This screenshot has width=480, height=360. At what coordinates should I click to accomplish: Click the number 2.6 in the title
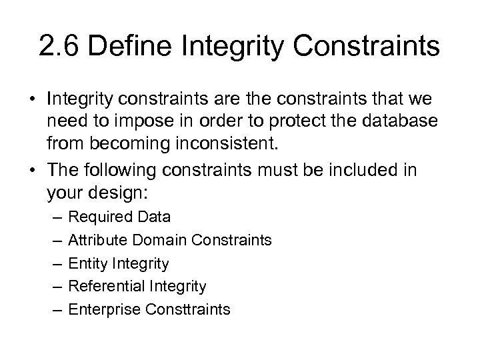pyautogui.click(x=59, y=47)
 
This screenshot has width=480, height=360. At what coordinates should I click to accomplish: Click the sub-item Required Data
pyautogui.click(x=120, y=217)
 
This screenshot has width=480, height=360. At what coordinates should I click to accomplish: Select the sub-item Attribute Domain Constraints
pyautogui.click(x=170, y=240)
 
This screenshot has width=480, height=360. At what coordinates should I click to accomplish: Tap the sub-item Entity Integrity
pyautogui.click(x=119, y=263)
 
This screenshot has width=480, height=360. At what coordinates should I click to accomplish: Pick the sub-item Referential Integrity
pyautogui.click(x=138, y=287)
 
